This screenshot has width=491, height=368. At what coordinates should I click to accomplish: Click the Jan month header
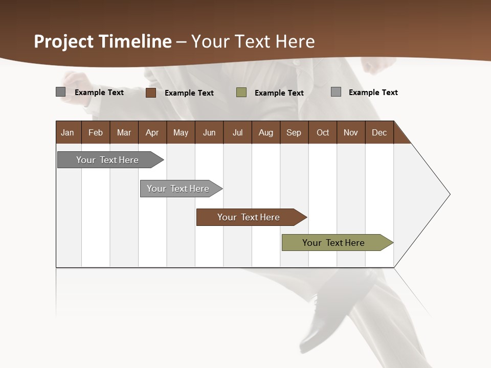tap(68, 132)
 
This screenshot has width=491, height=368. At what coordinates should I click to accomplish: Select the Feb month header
tap(96, 132)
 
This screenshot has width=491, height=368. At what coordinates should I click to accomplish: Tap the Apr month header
tap(152, 132)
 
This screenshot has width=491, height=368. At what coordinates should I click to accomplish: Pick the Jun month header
tap(209, 132)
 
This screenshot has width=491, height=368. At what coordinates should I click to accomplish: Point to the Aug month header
tap(266, 132)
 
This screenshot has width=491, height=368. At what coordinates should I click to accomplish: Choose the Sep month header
tap(294, 132)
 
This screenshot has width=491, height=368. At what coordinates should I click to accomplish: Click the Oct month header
tap(323, 132)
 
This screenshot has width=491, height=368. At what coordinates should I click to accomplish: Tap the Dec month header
tap(380, 132)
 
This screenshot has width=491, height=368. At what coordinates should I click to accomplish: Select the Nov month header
tap(351, 132)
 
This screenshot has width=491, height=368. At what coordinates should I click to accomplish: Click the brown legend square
tap(151, 93)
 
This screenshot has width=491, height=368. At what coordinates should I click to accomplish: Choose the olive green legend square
tap(241, 92)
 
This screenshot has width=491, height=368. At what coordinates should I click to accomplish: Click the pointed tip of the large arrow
tap(449, 194)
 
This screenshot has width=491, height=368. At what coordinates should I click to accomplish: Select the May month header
tap(181, 132)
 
